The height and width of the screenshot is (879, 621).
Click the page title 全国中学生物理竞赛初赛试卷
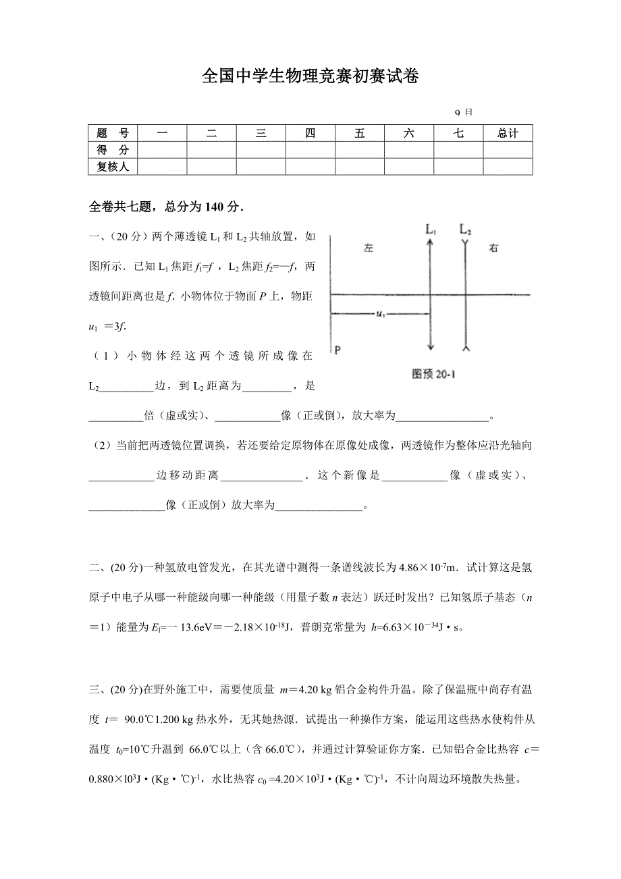coord(310,77)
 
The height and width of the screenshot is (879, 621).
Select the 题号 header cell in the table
coord(113,133)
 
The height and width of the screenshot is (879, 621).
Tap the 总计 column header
coord(508,133)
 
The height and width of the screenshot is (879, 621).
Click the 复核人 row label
coord(113,166)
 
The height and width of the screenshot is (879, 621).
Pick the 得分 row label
coord(113,150)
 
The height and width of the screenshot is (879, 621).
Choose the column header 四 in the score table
coord(310,133)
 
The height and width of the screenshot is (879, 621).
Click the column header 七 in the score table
coord(458,133)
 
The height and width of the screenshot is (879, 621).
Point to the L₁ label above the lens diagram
coord(431,230)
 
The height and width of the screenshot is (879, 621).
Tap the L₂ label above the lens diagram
coord(466,230)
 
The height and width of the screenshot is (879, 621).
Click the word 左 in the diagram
coord(368,248)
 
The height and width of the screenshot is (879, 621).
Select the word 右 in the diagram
coord(494,248)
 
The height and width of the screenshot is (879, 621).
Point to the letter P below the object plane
coord(337,350)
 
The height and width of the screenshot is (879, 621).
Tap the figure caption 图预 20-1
coord(433,373)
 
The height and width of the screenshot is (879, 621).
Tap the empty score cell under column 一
coord(162,150)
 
